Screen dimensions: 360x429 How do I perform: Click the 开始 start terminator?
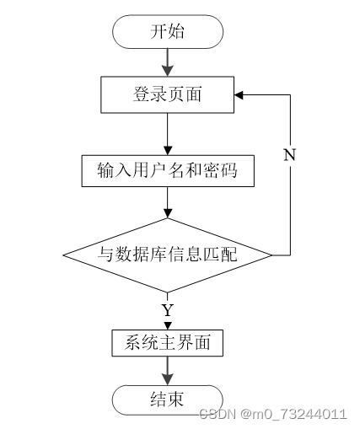(168, 32)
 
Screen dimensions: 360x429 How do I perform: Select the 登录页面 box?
(168, 94)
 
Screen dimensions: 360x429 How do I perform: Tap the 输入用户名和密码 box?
(168, 171)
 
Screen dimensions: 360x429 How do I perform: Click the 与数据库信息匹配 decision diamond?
(168, 255)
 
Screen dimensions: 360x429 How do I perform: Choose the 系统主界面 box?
(168, 343)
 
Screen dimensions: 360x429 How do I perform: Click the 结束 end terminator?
(168, 400)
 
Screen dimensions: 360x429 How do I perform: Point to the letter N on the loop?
(290, 154)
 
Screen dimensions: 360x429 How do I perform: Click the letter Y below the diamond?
(168, 310)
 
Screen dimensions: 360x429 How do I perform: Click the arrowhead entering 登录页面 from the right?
(239, 95)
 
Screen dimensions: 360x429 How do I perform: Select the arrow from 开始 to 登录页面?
(168, 62)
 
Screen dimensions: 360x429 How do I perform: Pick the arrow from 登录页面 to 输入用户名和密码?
(168, 134)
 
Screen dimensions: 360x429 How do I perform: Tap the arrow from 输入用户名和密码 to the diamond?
(168, 202)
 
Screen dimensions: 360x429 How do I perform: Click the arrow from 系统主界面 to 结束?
(168, 371)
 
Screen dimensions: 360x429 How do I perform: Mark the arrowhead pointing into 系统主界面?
(168, 326)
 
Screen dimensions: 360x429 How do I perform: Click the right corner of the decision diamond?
(272, 255)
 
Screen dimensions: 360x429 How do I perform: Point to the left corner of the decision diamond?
(63, 255)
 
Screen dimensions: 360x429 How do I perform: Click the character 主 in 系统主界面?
(168, 343)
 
